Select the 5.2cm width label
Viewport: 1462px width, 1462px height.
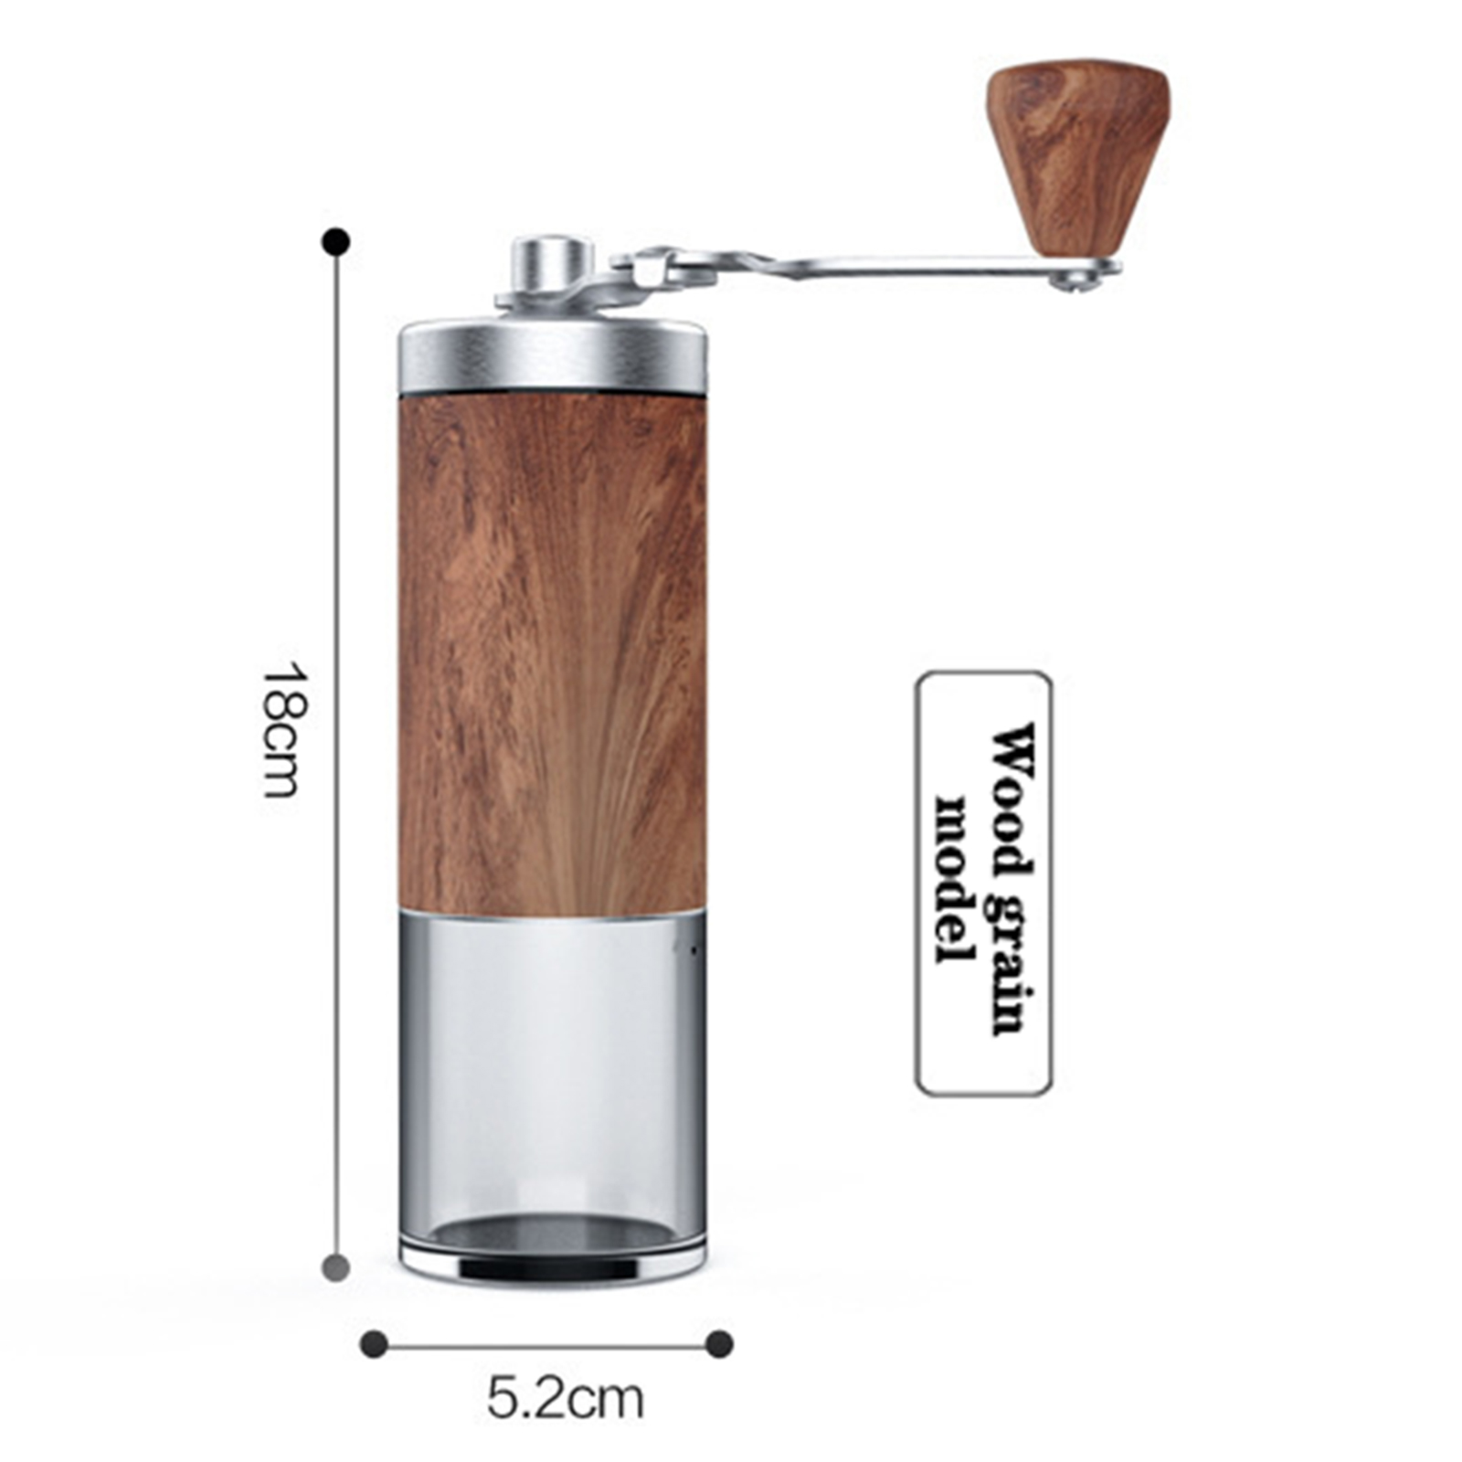565,1399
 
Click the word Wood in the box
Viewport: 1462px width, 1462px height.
1012,797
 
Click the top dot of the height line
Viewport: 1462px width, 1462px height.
336,242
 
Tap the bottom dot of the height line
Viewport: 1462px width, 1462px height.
336,1267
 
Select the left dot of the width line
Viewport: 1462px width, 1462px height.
374,1344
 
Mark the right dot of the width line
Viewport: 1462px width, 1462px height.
720,1344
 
